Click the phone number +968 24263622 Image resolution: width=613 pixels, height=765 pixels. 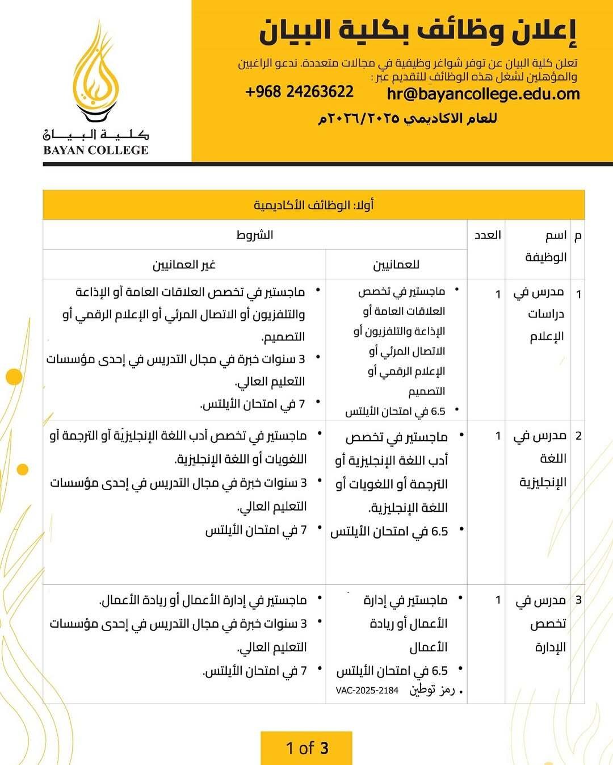(x=299, y=92)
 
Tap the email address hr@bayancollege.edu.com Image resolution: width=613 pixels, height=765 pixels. (x=483, y=94)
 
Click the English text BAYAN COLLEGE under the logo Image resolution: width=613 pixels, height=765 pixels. (x=95, y=151)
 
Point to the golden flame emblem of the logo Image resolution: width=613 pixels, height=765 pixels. (x=97, y=74)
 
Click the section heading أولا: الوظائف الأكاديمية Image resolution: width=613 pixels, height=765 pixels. (x=313, y=205)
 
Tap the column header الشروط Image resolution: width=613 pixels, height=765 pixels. (x=255, y=235)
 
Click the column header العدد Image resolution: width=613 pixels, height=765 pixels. (x=487, y=235)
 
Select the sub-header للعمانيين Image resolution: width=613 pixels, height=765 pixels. (x=396, y=265)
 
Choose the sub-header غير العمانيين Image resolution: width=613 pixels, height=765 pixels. (x=184, y=265)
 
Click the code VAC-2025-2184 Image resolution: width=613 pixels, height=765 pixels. (x=367, y=691)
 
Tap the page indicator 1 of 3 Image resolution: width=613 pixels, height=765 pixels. (x=306, y=748)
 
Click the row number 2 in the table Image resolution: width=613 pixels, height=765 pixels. (x=578, y=436)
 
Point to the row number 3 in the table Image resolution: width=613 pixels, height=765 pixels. (x=578, y=600)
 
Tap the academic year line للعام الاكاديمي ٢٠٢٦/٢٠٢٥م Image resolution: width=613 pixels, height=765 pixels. (x=408, y=119)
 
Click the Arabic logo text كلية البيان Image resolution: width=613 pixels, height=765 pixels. (x=95, y=135)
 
